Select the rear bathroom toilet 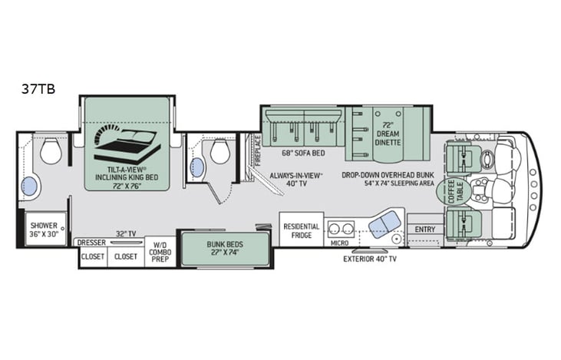[51, 151]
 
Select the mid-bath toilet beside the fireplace [220, 152]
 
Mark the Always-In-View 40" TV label [295, 180]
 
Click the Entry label [424, 230]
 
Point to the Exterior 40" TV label [370, 259]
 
